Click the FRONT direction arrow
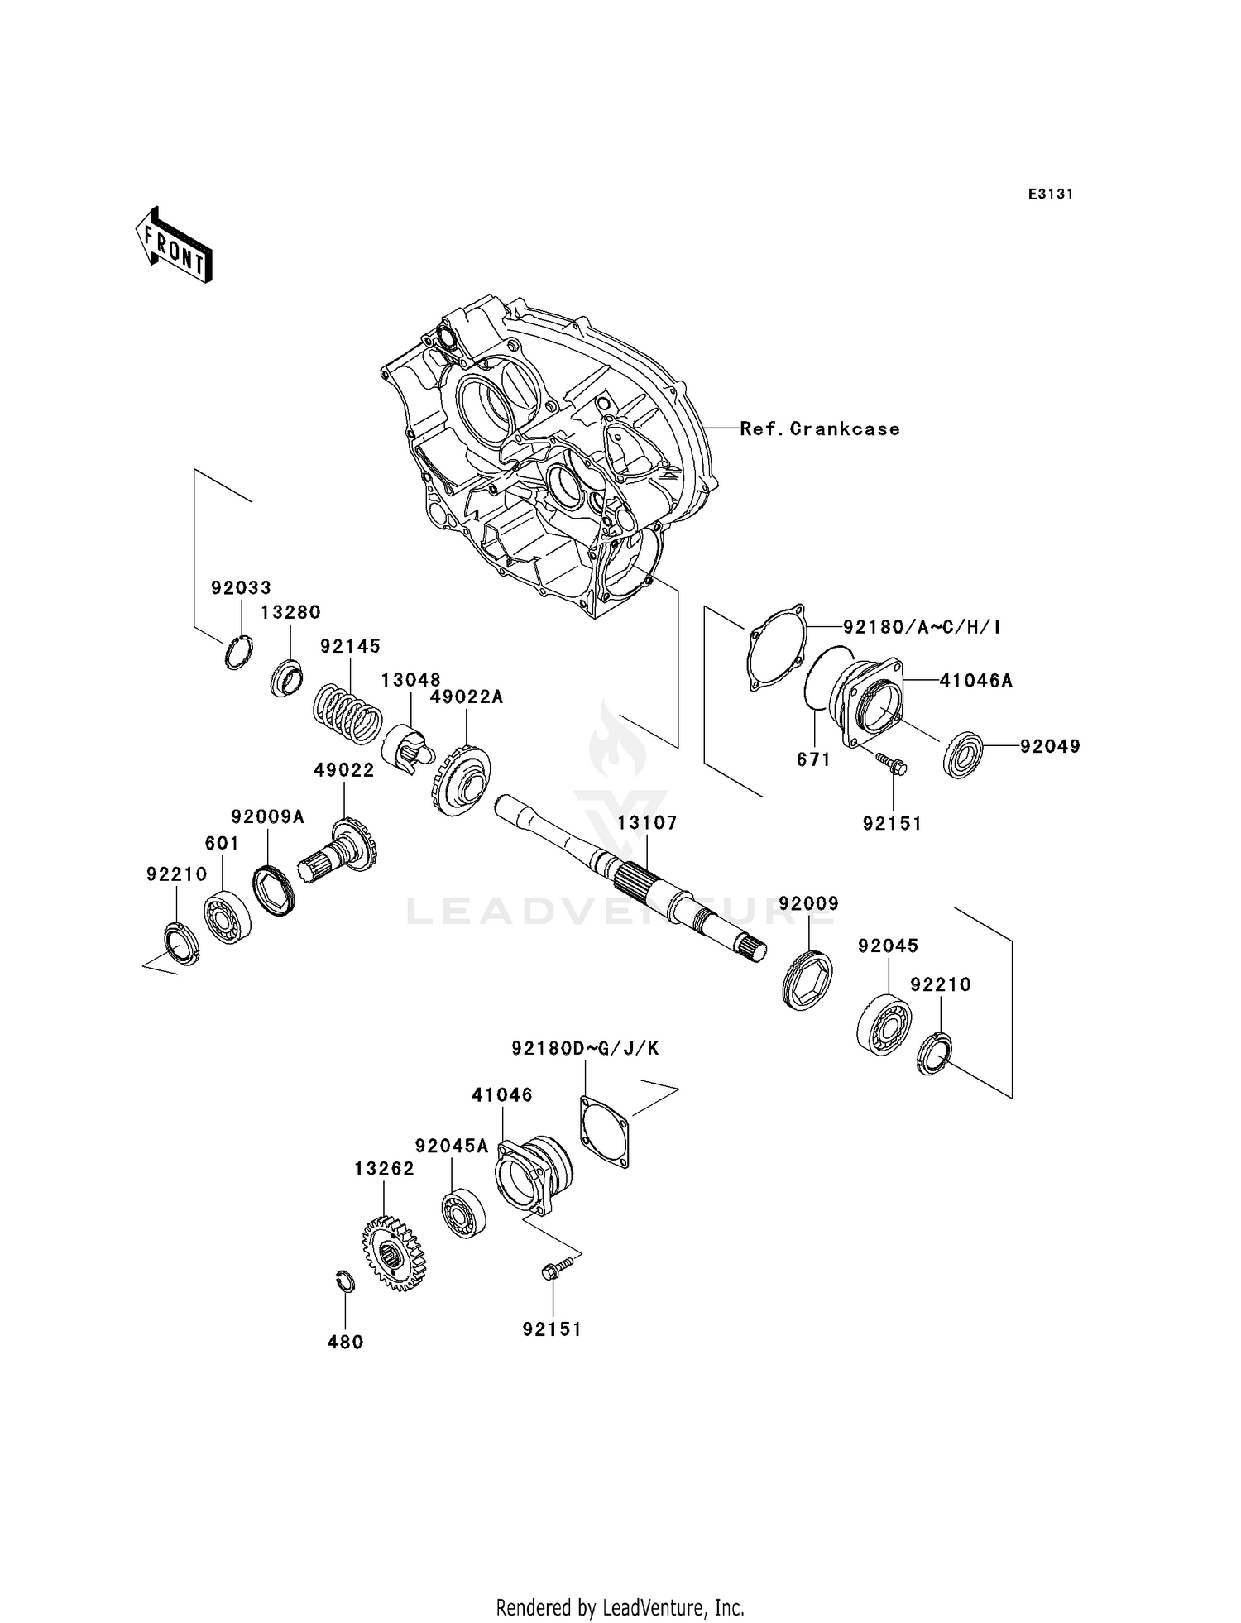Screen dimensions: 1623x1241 pyautogui.click(x=174, y=247)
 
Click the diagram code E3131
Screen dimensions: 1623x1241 pyautogui.click(x=1051, y=194)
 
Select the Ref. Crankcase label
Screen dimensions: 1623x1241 pyautogui.click(x=819, y=428)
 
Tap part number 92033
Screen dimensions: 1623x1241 pyautogui.click(x=241, y=588)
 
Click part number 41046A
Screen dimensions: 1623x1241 pyautogui.click(x=975, y=682)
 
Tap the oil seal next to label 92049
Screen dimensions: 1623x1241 pyautogui.click(x=963, y=754)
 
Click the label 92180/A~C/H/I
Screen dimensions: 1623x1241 pyautogui.click(x=922, y=627)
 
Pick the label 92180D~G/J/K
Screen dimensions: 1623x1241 pyautogui.click(x=585, y=1049)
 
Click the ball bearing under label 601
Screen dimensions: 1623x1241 pyautogui.click(x=228, y=917)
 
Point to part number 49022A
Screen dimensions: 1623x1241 pyautogui.click(x=467, y=697)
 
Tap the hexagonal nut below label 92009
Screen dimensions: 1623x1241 pyautogui.click(x=807, y=980)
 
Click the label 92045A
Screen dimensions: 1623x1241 pyautogui.click(x=452, y=1146)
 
